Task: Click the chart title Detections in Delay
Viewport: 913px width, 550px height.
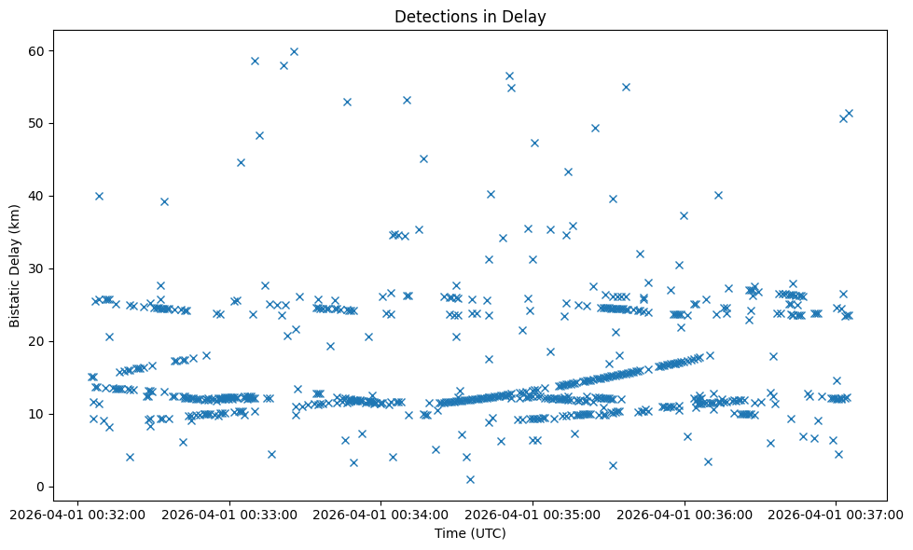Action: pos(470,17)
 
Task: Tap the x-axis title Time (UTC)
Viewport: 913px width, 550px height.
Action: pos(470,533)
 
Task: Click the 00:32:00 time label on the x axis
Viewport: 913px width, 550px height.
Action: pos(78,513)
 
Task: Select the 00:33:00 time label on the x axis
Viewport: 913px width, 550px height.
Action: pos(229,513)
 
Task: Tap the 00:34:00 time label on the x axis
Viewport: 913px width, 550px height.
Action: pos(380,513)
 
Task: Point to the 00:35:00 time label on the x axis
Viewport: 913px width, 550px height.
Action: pos(533,513)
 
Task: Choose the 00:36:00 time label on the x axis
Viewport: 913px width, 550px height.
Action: pos(685,513)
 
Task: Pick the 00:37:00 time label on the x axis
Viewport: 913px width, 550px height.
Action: pos(836,513)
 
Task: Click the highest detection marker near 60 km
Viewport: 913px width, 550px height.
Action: pos(294,51)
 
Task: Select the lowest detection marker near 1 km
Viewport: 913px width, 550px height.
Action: pos(470,479)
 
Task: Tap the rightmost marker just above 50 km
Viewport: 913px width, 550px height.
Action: pos(849,113)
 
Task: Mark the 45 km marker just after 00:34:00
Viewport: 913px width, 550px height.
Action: pos(423,158)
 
